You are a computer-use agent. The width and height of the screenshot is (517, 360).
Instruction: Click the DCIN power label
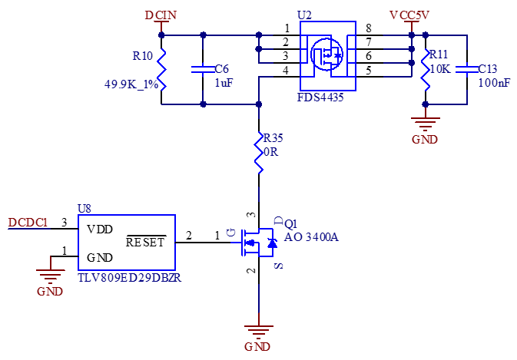coord(161,15)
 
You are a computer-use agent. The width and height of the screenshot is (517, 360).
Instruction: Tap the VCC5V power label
coord(409,15)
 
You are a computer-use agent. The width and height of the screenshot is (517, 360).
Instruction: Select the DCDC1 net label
coord(28,223)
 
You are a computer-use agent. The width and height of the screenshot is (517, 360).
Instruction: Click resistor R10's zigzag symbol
coord(161,69)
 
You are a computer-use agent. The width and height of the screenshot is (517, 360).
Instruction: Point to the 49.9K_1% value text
coord(131,84)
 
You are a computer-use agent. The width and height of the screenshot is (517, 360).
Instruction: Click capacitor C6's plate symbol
coord(203,69)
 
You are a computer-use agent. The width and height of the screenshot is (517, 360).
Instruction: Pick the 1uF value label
coord(224,83)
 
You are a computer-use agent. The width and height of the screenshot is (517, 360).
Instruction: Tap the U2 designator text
coord(304,15)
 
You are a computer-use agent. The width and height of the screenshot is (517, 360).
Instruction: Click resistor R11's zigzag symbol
coord(426,69)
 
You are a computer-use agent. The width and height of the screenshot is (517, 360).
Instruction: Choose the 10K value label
coord(440,68)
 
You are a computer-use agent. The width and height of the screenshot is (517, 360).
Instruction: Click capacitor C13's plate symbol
coord(467,69)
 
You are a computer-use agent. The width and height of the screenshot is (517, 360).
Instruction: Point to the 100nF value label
coord(494,83)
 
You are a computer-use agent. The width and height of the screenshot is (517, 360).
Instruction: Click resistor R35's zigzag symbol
coord(260,150)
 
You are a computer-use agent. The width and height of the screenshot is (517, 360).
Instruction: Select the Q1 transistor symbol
coord(259,242)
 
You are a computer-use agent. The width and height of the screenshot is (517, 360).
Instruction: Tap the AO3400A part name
coord(311,237)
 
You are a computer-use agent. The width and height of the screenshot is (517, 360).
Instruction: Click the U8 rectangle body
coord(127,243)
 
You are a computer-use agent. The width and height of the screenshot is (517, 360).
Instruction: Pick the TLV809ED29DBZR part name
coord(130,278)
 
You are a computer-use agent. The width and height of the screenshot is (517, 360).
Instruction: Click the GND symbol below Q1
coord(259,332)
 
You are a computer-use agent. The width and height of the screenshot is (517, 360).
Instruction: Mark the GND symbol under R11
coord(425,123)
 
